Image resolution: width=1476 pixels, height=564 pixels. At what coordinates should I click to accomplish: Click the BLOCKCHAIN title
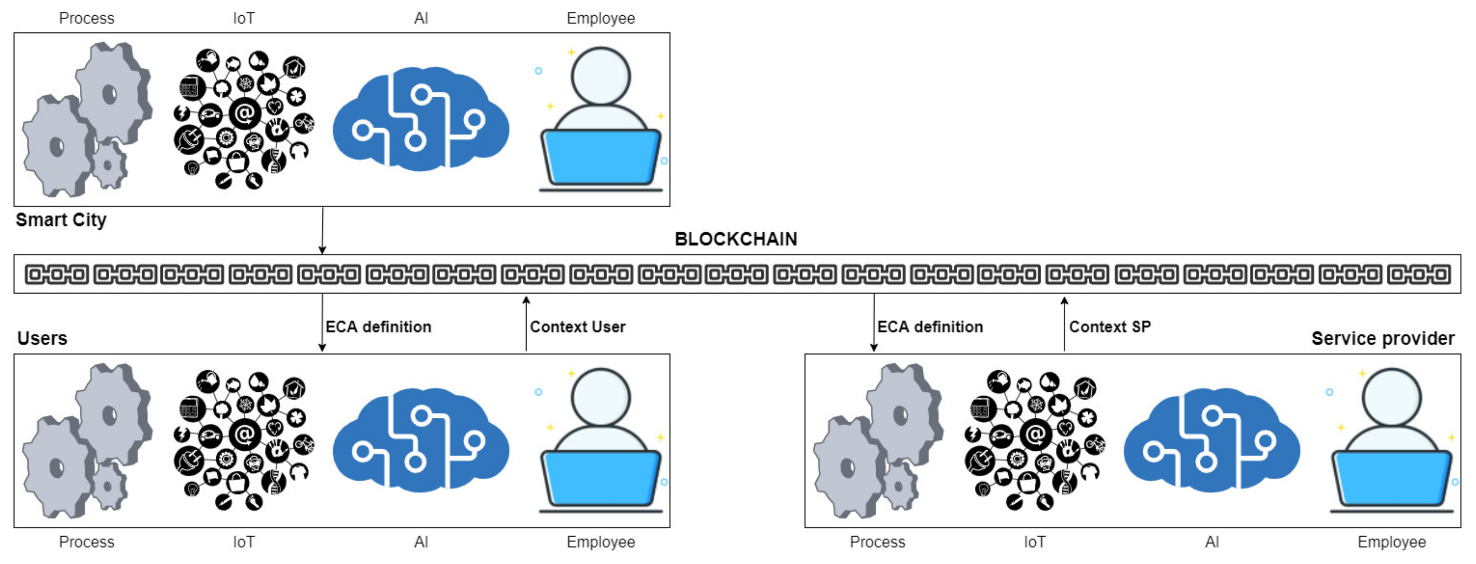coord(736,239)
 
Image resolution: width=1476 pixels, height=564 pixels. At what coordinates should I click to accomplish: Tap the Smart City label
coord(61,219)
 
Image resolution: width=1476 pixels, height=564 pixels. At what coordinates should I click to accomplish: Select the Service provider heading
coord(1382,338)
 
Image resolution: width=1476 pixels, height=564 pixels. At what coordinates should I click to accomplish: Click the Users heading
coord(42,338)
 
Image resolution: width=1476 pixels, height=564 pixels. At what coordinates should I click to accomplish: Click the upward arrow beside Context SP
coord(1064,323)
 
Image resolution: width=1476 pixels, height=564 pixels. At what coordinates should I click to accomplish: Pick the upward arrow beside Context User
coord(526,323)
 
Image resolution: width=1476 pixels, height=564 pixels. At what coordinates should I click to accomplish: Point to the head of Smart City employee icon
coord(600,76)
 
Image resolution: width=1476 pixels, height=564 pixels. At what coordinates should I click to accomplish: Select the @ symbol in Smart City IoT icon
coord(245,113)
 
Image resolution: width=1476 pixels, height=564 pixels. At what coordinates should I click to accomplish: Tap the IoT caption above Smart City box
coord(243,18)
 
